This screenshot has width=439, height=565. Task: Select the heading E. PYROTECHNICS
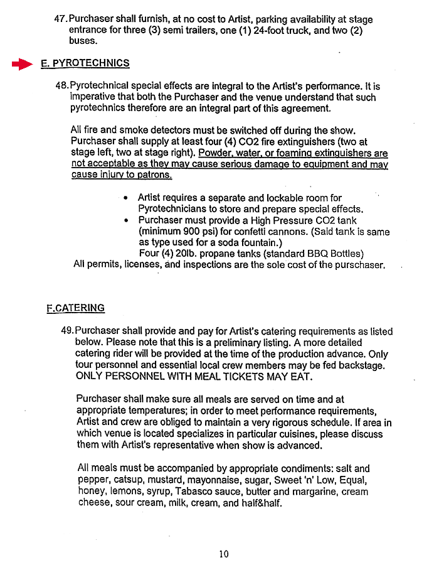pos(85,63)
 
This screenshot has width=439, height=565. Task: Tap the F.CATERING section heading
pos(75,308)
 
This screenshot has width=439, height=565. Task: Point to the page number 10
pos(224,554)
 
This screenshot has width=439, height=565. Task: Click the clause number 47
pos(61,19)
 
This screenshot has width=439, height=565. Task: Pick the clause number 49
pos(67,331)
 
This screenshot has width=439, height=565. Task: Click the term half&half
pos(260,503)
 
